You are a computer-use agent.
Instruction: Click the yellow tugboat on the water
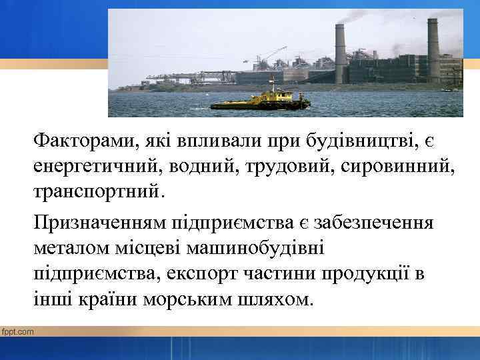(x=260, y=101)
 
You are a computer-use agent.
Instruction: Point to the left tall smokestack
(x=340, y=53)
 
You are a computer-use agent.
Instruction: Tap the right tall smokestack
(x=433, y=50)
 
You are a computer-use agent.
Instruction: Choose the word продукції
(x=357, y=273)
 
